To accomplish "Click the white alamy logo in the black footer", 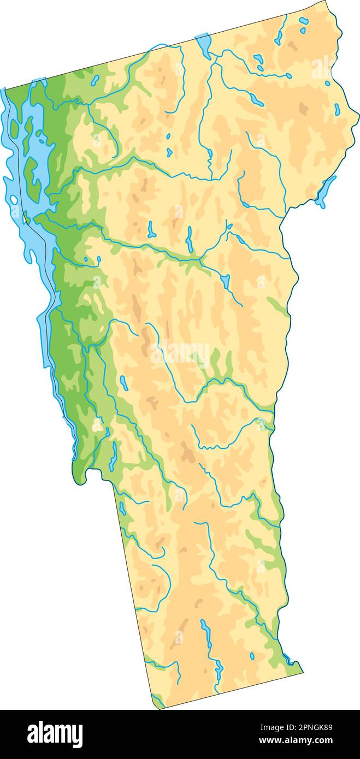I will click(x=55, y=734).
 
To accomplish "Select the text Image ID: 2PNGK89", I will click(x=296, y=727).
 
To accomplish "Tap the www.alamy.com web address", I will click(x=296, y=741).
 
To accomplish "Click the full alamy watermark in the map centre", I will click(x=180, y=353).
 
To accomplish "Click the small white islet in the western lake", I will click(x=14, y=200).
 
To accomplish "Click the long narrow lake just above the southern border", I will click(x=206, y=633).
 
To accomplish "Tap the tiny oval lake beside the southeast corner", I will click(x=252, y=655).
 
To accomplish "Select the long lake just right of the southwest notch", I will click(x=113, y=456).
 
